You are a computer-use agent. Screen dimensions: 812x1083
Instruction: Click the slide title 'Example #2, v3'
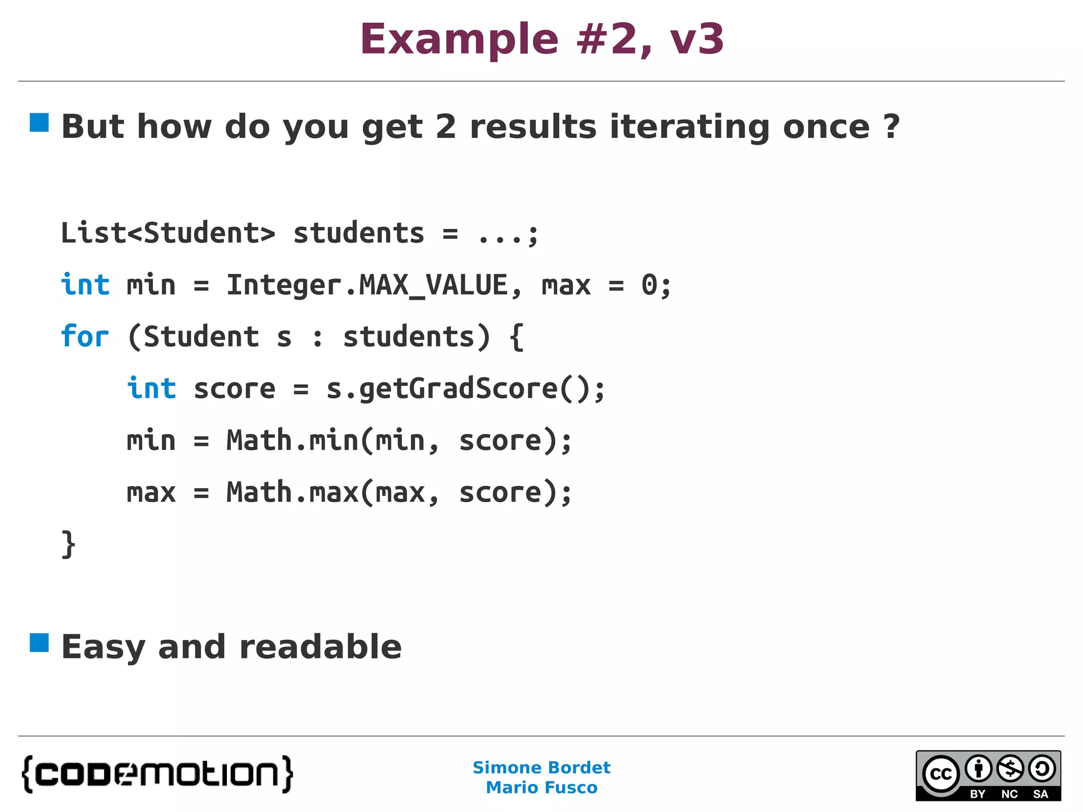point(541,39)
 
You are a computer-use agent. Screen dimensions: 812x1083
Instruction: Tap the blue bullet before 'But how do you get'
point(39,123)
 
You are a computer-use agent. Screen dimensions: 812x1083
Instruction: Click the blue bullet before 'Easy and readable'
point(39,643)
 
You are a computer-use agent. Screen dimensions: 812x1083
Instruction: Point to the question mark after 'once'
point(891,127)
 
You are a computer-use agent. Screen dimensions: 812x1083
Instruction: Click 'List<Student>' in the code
point(168,233)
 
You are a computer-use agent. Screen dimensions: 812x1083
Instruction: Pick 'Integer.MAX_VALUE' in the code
point(367,285)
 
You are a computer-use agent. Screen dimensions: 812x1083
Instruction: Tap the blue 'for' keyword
point(85,337)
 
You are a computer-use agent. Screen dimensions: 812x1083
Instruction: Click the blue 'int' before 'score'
point(151,389)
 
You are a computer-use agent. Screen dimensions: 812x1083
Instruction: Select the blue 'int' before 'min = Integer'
point(85,285)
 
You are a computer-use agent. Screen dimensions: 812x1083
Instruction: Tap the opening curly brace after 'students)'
point(517,337)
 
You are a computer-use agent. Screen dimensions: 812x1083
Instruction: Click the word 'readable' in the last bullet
point(320,647)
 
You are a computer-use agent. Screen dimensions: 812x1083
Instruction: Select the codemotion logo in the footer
point(158,774)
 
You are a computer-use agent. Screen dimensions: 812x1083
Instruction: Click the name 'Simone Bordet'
point(541,768)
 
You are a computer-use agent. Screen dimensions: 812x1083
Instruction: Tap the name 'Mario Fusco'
point(541,788)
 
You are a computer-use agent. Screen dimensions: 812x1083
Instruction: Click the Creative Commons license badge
point(988,776)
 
